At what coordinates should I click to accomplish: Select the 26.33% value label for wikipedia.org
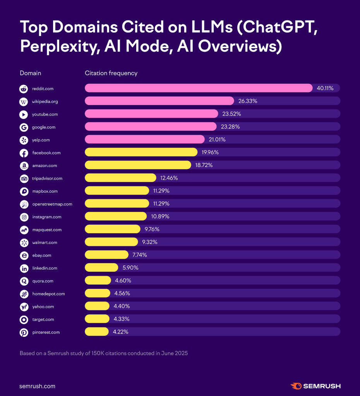pos(248,101)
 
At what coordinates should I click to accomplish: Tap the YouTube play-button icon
pos(24,114)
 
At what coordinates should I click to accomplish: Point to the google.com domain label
pos(44,127)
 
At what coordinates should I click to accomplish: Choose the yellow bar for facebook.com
pos(141,152)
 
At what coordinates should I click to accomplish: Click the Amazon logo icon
pos(24,166)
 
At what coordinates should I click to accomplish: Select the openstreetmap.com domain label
pos(52,204)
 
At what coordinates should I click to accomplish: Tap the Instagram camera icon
pos(24,217)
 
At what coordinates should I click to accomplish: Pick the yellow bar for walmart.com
pos(111,242)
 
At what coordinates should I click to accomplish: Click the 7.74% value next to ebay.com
pos(139,255)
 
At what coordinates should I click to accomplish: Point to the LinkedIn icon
pos(24,268)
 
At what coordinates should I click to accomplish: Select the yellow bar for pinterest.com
pos(96,332)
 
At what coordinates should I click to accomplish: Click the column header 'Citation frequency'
pos(111,73)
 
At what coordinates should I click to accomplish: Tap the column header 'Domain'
pos(30,73)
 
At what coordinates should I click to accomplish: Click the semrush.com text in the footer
pos(37,386)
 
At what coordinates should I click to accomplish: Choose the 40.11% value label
pos(325,88)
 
